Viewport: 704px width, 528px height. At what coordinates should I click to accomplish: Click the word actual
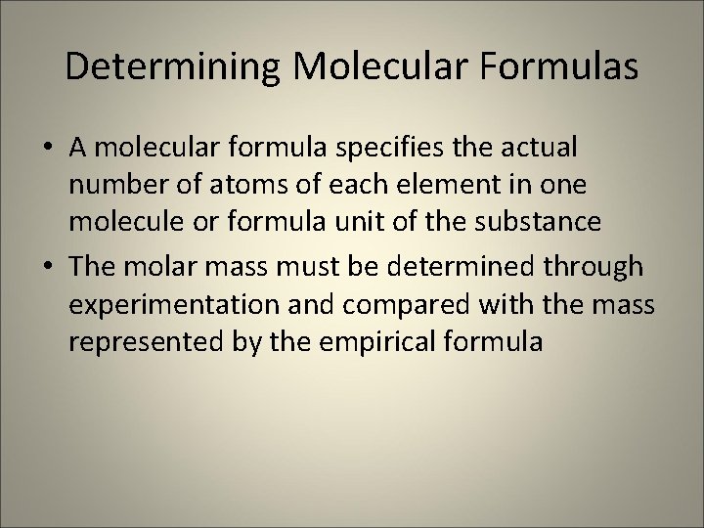(542, 148)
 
